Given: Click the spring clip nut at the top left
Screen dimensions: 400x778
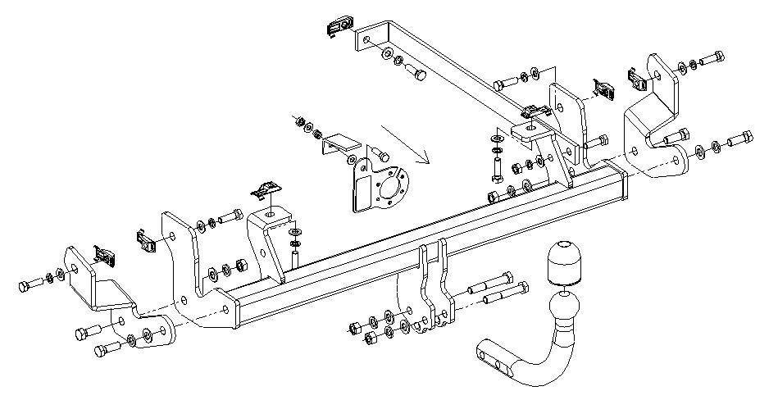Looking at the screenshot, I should point(337,27).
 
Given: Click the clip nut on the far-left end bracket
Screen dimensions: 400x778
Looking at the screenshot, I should point(104,254).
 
